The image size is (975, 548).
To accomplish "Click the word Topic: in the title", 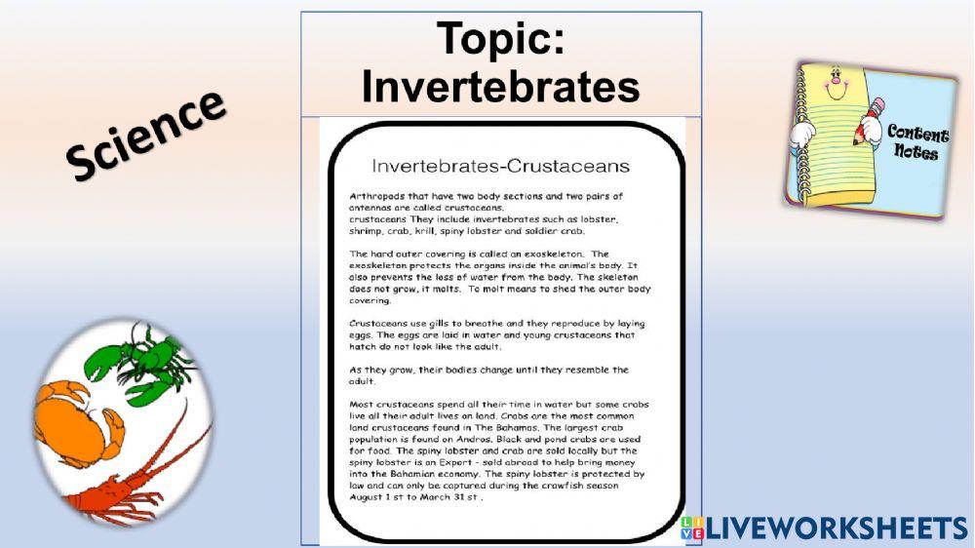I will click(x=500, y=39).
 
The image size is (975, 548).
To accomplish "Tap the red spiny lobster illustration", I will click(x=136, y=478).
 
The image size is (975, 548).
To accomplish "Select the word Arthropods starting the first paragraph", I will click(x=375, y=196).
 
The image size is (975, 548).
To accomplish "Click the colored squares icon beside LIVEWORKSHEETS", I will click(x=692, y=528).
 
